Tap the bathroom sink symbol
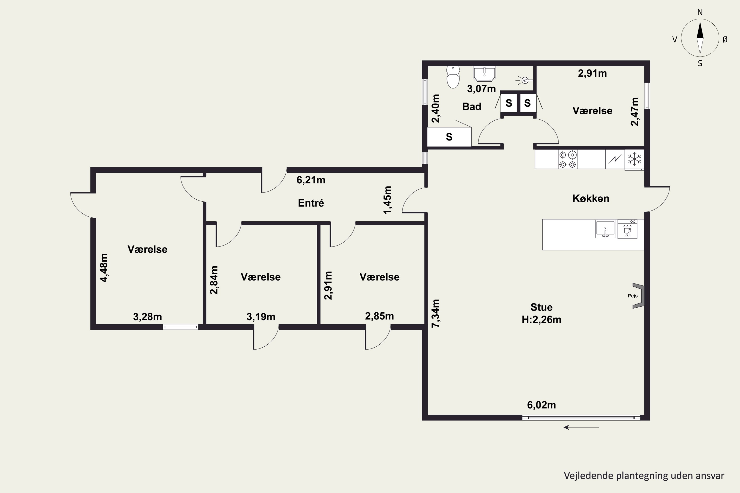click(x=484, y=73)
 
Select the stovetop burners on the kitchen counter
click(x=568, y=159)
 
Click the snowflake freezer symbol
click(x=635, y=159)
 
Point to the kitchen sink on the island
click(x=605, y=229)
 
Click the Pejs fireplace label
click(x=633, y=296)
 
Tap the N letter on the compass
click(x=700, y=12)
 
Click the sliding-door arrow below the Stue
click(x=581, y=427)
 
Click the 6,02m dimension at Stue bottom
click(x=541, y=405)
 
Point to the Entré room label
click(x=311, y=203)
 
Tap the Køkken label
click(x=591, y=198)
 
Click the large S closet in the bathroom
click(x=449, y=137)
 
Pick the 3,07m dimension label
click(x=481, y=89)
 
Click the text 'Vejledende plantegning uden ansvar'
click(x=644, y=476)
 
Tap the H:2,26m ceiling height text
click(x=541, y=319)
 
